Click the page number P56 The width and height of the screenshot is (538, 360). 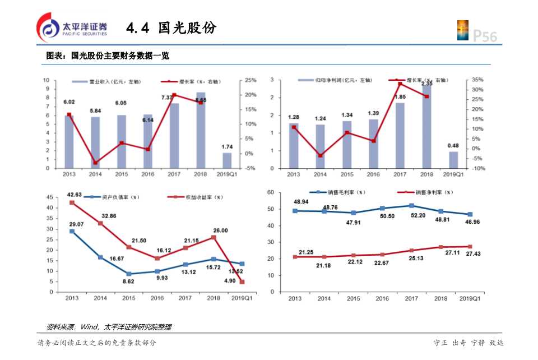pyautogui.click(x=485, y=36)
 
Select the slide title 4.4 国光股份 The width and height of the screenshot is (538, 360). pyautogui.click(x=171, y=28)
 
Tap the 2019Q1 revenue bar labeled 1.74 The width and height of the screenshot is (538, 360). pyautogui.click(x=226, y=160)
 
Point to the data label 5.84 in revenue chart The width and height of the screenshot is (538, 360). pyautogui.click(x=95, y=110)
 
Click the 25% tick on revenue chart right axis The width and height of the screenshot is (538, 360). pyautogui.click(x=250, y=80)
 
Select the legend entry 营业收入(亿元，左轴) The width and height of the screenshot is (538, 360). pyautogui.click(x=107, y=82)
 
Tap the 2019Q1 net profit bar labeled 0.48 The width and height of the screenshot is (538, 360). pyautogui.click(x=453, y=160)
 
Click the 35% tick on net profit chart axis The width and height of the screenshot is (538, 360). pyautogui.click(x=476, y=80)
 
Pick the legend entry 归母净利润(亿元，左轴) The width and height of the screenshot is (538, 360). pyautogui.click(x=335, y=81)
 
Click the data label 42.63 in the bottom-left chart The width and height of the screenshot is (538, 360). pyautogui.click(x=75, y=195)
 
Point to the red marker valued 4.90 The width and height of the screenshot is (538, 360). pyautogui.click(x=242, y=281)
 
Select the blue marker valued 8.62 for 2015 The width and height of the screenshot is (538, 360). pyautogui.click(x=129, y=274)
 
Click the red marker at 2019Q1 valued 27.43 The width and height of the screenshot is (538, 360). pyautogui.click(x=470, y=246)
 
